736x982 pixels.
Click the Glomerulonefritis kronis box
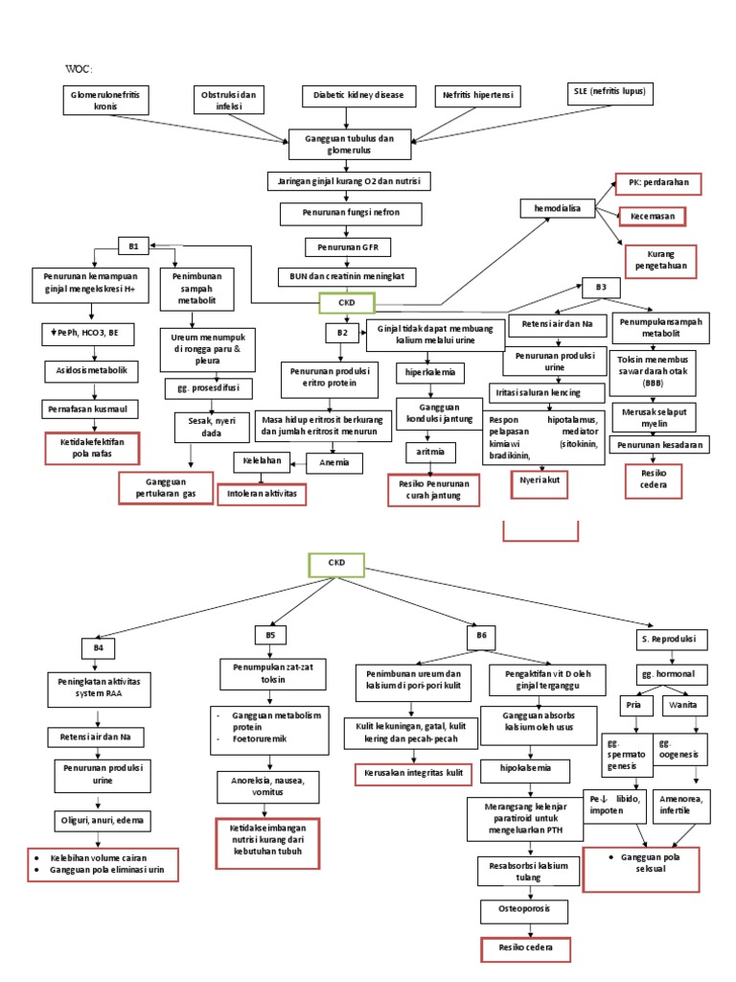[x=105, y=102]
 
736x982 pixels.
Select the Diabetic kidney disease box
[x=358, y=96]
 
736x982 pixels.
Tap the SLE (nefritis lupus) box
[x=607, y=93]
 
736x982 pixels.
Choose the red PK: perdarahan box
[x=657, y=183]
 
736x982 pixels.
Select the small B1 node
[x=133, y=246]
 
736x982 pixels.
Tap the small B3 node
[x=601, y=287]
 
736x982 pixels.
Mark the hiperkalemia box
[x=430, y=371]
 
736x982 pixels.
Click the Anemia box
[x=333, y=464]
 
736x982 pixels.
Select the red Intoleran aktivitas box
[x=263, y=494]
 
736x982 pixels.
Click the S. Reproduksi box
[x=668, y=639]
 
